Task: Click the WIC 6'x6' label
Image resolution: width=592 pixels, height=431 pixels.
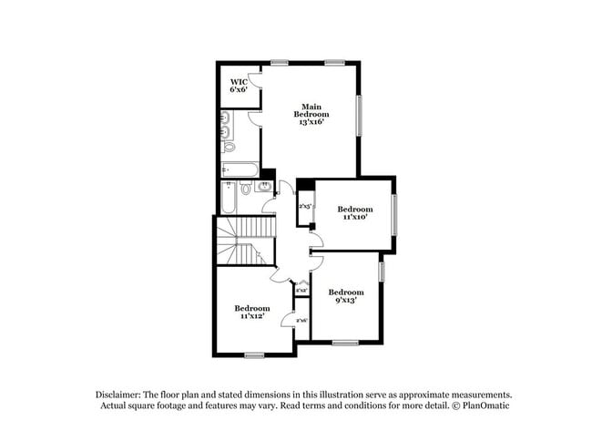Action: pos(239,86)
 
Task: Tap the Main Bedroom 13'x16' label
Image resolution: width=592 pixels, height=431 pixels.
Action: pos(311,114)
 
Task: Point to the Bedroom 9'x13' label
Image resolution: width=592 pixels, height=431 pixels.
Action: pos(345,295)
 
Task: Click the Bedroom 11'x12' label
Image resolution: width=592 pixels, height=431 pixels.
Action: pos(251,312)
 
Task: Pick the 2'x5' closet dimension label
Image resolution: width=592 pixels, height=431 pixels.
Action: pos(304,207)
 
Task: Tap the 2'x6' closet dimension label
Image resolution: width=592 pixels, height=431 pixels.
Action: pos(301,321)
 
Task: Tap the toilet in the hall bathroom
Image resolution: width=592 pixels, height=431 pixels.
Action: pos(246,189)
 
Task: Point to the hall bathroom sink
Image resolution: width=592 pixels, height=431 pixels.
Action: pos(265,187)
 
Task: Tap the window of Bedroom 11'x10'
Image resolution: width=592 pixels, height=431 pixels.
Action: pos(394,214)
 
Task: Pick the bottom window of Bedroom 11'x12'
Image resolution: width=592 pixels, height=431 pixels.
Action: pos(254,354)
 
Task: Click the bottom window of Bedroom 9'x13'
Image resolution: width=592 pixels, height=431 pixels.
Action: pos(344,343)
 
